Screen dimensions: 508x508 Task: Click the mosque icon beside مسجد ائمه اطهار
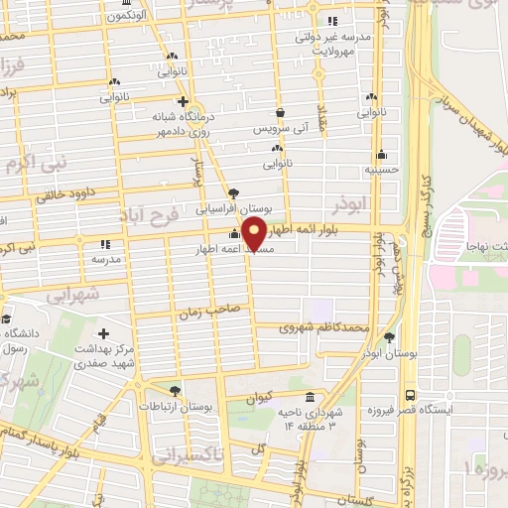point(234,234)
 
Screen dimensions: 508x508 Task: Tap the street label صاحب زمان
point(209,312)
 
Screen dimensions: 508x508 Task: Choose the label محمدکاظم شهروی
point(325,325)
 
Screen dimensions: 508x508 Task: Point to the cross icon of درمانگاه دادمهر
point(182,100)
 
